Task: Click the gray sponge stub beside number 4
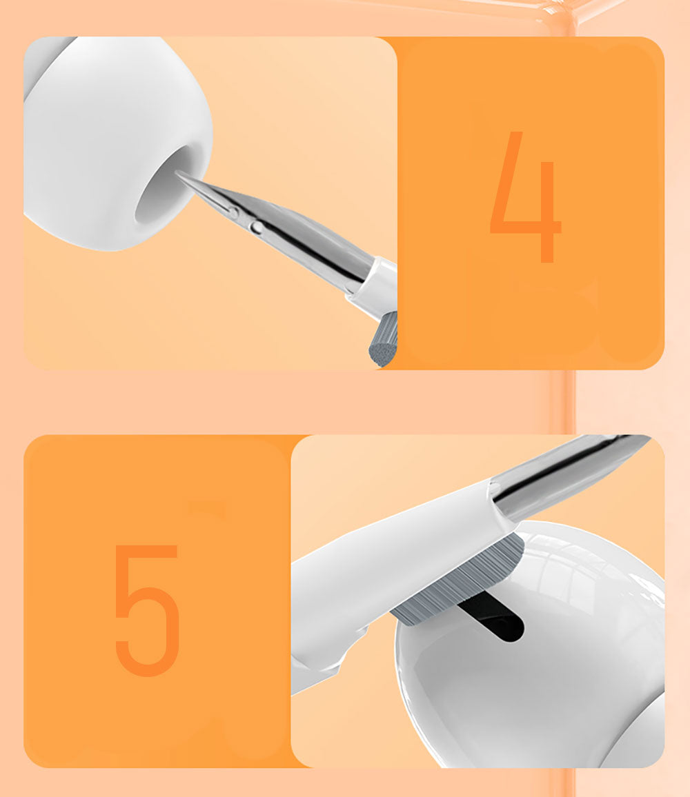click(384, 341)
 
